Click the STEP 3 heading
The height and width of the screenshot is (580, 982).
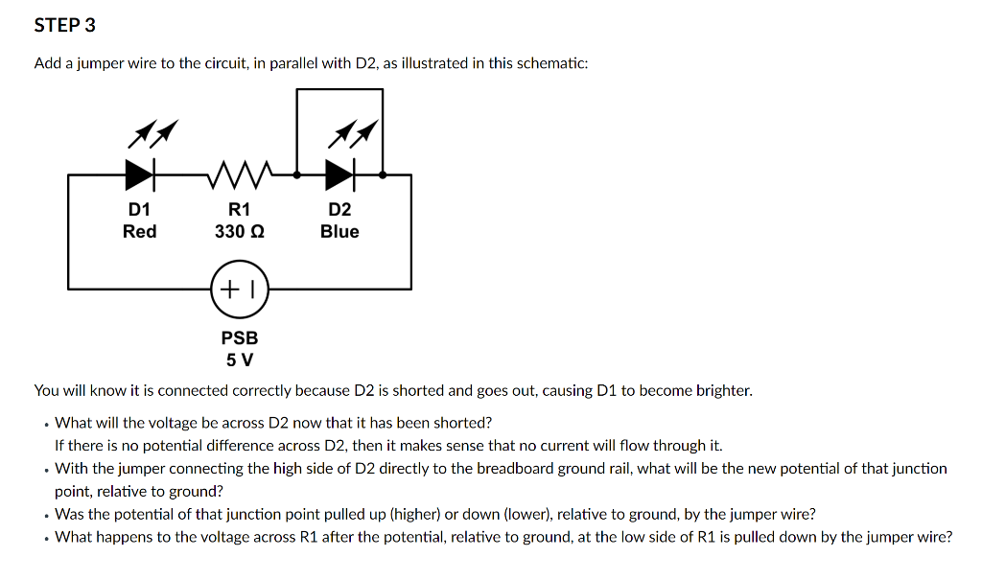tap(64, 26)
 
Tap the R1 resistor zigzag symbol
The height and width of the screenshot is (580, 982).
tap(240, 174)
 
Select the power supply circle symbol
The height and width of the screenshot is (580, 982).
tap(239, 288)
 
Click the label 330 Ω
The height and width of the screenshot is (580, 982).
tap(240, 231)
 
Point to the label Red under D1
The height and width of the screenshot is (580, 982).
tap(140, 231)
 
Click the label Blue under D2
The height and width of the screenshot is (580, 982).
tap(339, 231)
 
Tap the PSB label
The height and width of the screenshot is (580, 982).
tap(240, 337)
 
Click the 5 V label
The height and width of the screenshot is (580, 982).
tap(240, 360)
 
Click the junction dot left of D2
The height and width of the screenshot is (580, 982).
tap(297, 175)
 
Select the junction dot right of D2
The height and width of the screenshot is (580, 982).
tap(383, 175)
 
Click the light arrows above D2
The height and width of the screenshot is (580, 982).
tap(352, 134)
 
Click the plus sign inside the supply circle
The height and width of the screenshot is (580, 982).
tap(230, 288)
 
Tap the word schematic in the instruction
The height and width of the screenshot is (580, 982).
tap(550, 63)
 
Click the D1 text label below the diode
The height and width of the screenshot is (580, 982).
tap(140, 210)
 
